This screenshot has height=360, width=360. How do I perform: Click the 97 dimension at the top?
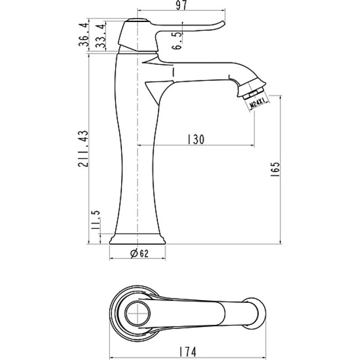click(x=181, y=5)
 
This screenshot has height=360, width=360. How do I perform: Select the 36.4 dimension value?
click(x=84, y=35)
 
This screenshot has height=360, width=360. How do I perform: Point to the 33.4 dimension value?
click(x=101, y=36)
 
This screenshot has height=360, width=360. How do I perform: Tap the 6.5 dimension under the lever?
click(x=177, y=41)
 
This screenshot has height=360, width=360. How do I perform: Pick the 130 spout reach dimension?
click(x=196, y=139)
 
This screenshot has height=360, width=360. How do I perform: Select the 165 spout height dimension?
click(x=275, y=170)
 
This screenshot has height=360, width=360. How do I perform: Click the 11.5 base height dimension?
click(x=95, y=220)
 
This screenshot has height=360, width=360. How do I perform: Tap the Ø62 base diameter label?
click(x=139, y=253)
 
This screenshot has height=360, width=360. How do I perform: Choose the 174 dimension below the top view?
click(x=188, y=351)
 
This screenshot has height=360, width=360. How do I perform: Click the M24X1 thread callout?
click(x=259, y=103)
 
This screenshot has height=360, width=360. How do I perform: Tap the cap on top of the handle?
click(x=138, y=19)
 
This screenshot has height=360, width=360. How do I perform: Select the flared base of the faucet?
click(x=137, y=239)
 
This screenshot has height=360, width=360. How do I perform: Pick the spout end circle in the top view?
click(x=255, y=313)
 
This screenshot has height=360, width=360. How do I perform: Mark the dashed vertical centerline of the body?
click(x=137, y=129)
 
